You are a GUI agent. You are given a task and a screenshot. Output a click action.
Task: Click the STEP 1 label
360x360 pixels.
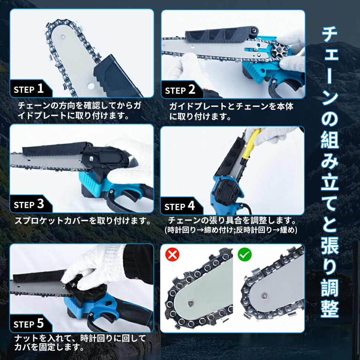[x=29, y=89]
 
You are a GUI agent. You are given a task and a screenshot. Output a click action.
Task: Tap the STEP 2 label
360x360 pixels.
[x=180, y=90]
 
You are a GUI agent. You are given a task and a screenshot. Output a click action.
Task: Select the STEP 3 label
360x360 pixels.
[x=29, y=204]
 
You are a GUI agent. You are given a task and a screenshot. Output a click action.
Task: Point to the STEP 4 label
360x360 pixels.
[x=180, y=206]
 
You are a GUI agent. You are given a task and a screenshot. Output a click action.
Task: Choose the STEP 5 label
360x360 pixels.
[x=29, y=324]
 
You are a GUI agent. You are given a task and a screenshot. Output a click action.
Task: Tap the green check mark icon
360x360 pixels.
[x=245, y=254]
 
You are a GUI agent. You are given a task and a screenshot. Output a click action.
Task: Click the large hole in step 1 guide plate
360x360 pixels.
[x=91, y=86]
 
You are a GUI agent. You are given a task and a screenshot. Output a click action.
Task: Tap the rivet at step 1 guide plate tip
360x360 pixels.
[x=62, y=36]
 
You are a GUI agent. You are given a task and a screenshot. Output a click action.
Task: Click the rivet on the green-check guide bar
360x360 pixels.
[x=265, y=295]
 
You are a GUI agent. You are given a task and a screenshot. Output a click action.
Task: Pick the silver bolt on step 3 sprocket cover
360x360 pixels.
[x=91, y=158]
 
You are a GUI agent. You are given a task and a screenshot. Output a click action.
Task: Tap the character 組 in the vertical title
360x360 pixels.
[x=330, y=139]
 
